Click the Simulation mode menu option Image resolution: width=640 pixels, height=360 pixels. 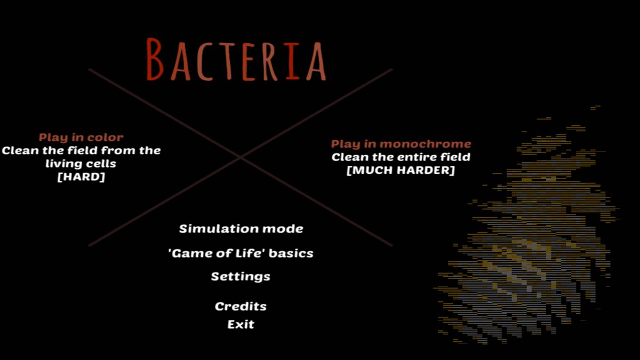click(x=241, y=229)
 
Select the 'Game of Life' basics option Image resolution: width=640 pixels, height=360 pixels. click(x=241, y=253)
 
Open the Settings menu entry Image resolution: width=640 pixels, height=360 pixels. click(x=241, y=277)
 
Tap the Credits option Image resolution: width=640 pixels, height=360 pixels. click(x=241, y=306)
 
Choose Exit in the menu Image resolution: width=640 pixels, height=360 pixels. click(x=241, y=325)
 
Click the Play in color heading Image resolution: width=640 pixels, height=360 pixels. click(x=81, y=138)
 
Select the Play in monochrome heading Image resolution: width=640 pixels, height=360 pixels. click(x=401, y=144)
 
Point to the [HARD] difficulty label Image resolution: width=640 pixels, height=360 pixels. click(x=81, y=177)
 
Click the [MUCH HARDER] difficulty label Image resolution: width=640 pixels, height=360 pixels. click(x=401, y=170)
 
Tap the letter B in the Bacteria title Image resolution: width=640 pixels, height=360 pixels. click(x=155, y=59)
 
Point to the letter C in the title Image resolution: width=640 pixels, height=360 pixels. click(x=204, y=61)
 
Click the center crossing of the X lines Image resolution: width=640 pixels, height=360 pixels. click(x=241, y=157)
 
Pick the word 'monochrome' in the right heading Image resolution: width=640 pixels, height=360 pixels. click(x=426, y=144)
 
